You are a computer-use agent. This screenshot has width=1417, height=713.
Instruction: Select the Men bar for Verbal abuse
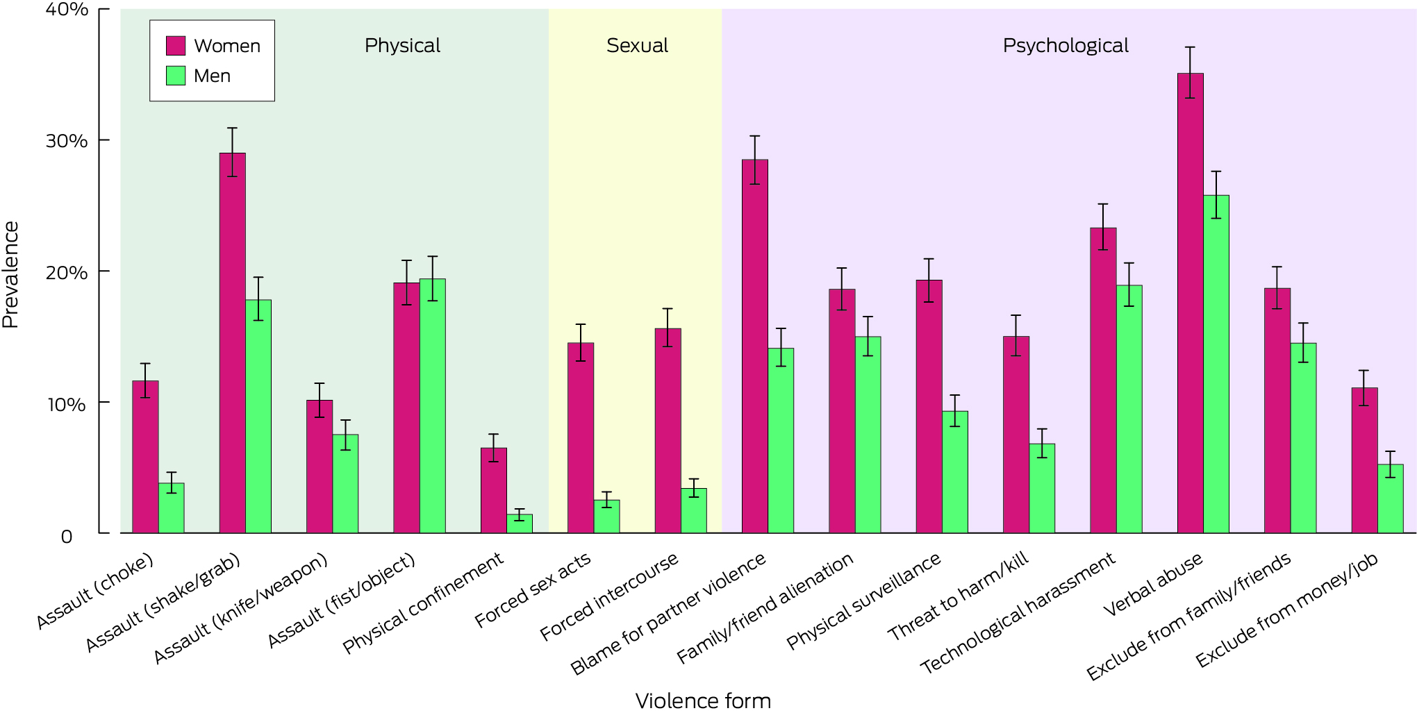[x=1216, y=364]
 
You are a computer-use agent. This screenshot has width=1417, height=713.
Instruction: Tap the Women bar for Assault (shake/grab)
[x=232, y=343]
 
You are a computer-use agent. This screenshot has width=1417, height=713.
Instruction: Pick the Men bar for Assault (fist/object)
[x=432, y=406]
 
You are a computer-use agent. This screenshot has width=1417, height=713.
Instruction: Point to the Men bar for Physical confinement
[x=520, y=523]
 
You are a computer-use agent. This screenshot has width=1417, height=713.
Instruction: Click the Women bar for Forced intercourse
[x=668, y=430]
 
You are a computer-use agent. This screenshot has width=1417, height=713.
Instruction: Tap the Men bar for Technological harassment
[x=1129, y=409]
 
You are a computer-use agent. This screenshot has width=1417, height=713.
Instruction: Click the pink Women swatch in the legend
[x=176, y=46]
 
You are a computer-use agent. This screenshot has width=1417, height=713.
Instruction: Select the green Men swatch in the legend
[x=176, y=76]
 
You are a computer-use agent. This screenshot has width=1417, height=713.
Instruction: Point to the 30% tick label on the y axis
[x=67, y=141]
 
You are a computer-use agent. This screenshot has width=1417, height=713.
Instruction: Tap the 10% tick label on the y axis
[x=67, y=404]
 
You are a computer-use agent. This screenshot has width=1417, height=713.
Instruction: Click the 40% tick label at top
[x=67, y=10]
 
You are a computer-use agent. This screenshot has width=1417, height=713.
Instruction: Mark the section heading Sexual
[x=637, y=46]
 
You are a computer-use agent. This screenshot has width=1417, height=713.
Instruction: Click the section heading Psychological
[x=1065, y=46]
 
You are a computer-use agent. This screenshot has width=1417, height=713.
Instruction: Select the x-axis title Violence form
[x=703, y=701]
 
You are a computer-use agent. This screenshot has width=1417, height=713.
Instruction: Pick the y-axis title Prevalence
[x=10, y=274]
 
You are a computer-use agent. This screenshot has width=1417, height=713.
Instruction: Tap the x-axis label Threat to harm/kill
[x=958, y=596]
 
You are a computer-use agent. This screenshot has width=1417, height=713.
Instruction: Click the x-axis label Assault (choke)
[x=94, y=592]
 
